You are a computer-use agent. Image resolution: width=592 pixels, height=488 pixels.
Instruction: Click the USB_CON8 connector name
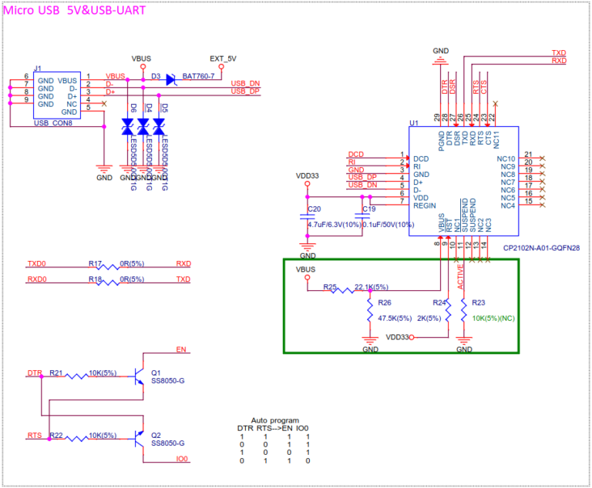tap(53, 123)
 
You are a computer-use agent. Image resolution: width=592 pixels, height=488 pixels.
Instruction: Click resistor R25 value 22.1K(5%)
tap(367, 287)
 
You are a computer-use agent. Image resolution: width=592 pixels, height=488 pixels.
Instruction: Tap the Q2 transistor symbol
tap(140, 438)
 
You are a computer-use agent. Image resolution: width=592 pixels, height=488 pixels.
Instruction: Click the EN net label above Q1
tap(181, 350)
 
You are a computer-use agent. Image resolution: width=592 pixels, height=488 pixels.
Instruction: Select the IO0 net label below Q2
tap(182, 459)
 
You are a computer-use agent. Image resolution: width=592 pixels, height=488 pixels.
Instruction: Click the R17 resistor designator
tap(96, 262)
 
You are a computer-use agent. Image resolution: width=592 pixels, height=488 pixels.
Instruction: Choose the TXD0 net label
tap(37, 262)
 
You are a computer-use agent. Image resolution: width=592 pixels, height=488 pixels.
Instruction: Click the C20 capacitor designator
tap(314, 209)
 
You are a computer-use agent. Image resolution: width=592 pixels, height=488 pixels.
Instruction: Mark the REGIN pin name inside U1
tap(425, 206)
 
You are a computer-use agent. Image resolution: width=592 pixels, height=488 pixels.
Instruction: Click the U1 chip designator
tap(414, 123)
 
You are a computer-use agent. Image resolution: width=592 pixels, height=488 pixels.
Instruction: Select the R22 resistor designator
tap(56, 436)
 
